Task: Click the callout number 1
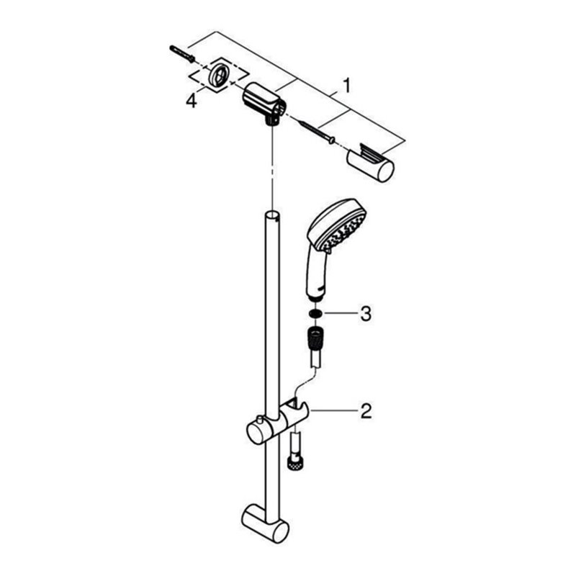346,86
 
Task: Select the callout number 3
365,313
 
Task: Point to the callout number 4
190,102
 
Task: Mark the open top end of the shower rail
273,215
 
